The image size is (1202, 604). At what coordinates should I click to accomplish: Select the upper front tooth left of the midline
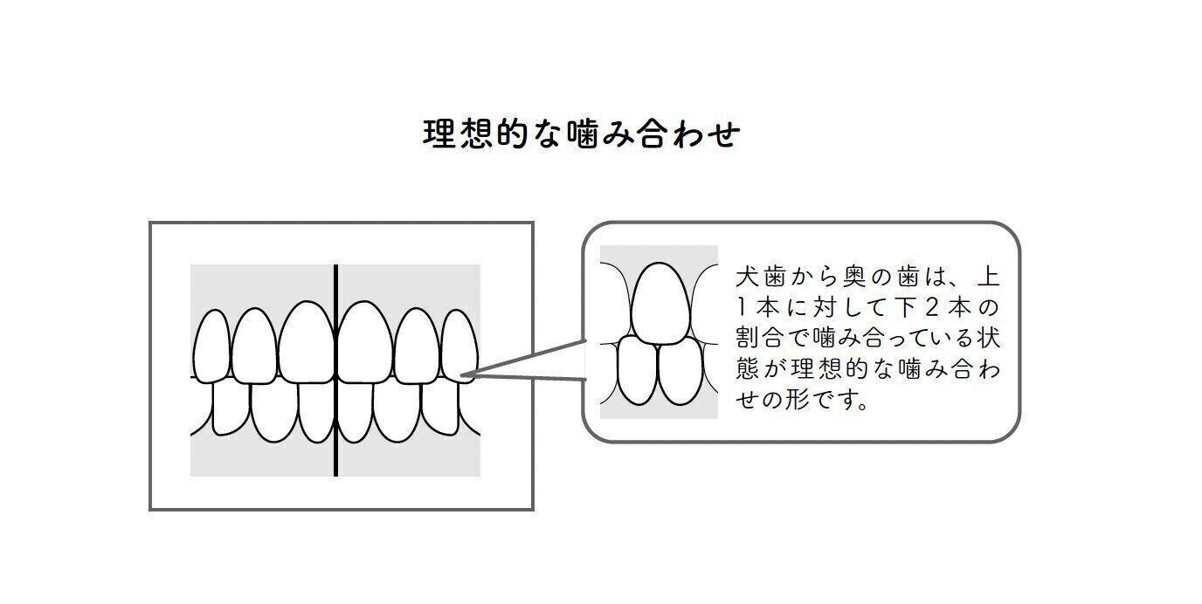click(307, 343)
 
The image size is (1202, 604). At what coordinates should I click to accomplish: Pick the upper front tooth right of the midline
click(364, 343)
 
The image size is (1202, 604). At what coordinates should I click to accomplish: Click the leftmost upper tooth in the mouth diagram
click(211, 347)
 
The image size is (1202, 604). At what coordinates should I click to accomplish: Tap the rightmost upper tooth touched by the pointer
click(459, 347)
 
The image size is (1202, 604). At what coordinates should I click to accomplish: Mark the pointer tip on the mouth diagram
click(463, 376)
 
